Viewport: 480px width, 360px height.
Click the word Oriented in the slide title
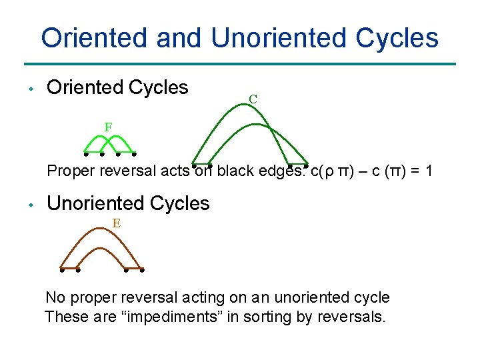pos(95,38)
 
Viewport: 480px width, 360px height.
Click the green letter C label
pos(253,99)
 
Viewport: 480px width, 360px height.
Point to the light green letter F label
pos(108,126)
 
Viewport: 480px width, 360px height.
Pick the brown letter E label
pos(116,223)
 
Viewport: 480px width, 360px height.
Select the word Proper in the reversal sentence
pos(68,171)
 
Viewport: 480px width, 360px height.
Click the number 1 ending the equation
pos(428,171)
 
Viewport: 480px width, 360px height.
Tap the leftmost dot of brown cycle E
pos(61,271)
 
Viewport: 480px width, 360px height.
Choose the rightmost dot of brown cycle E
pos(142,271)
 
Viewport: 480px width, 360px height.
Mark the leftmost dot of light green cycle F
pos(86,153)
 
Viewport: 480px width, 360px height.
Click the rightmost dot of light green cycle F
pos(134,153)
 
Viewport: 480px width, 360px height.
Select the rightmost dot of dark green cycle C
pos(306,164)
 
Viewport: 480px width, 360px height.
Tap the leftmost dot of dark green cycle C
pos(194,164)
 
